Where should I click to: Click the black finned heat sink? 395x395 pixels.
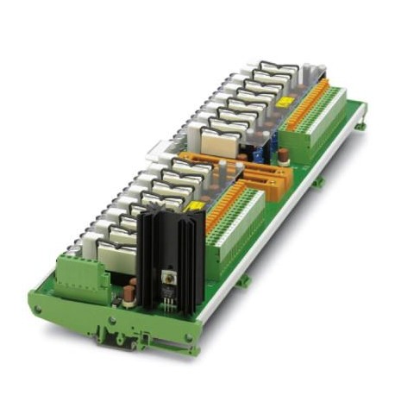coord(172,250)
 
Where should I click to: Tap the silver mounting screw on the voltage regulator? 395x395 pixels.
coord(169,279)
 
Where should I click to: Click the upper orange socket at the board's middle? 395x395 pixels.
coord(260,173)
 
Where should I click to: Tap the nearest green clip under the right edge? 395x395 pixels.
coord(245,281)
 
